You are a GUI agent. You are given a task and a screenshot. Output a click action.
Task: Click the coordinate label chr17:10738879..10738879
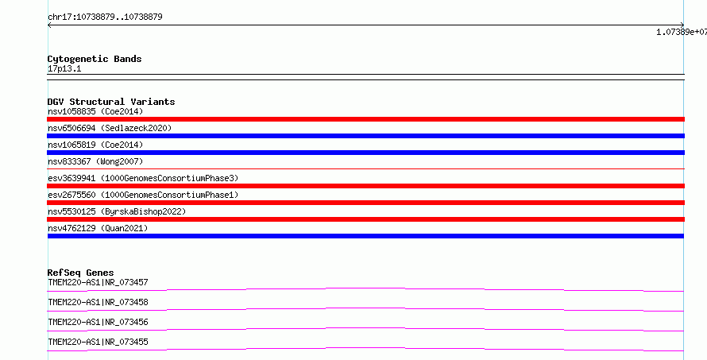[x=105, y=17]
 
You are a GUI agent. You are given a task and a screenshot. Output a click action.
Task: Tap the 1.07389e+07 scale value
[x=682, y=32]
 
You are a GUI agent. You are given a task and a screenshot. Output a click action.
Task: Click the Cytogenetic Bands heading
[x=95, y=59]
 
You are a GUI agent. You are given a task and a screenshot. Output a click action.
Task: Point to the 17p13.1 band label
[x=64, y=69]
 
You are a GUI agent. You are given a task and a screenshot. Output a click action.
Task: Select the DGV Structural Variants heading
[x=111, y=102]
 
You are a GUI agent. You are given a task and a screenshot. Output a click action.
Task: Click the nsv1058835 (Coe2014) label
[x=95, y=111]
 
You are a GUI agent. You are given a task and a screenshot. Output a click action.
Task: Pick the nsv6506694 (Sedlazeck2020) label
[x=110, y=128]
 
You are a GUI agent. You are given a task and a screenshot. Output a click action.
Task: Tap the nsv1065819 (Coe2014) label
[x=95, y=145]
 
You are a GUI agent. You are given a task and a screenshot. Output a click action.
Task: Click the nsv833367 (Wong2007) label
[x=95, y=161]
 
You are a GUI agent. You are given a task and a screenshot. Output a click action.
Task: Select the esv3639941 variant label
[x=143, y=178]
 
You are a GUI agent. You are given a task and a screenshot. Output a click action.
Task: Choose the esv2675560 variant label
[x=143, y=195]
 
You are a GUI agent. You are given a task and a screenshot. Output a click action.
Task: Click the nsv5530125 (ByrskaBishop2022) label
[x=117, y=211]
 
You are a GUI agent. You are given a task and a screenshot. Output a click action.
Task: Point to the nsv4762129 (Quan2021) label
[x=98, y=228]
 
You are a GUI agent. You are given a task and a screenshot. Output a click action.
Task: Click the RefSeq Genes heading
[x=80, y=273]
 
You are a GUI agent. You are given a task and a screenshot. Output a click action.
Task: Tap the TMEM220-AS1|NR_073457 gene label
[x=98, y=282]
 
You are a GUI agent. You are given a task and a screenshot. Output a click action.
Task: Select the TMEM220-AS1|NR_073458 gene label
[x=98, y=302]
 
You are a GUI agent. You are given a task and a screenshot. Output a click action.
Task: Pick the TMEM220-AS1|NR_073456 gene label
[x=98, y=322]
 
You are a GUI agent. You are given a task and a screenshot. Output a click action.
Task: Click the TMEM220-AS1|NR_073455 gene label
[x=98, y=342]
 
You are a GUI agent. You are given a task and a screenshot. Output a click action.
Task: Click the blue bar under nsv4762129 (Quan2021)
[x=365, y=236]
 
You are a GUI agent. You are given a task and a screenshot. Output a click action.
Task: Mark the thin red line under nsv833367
[x=365, y=168]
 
